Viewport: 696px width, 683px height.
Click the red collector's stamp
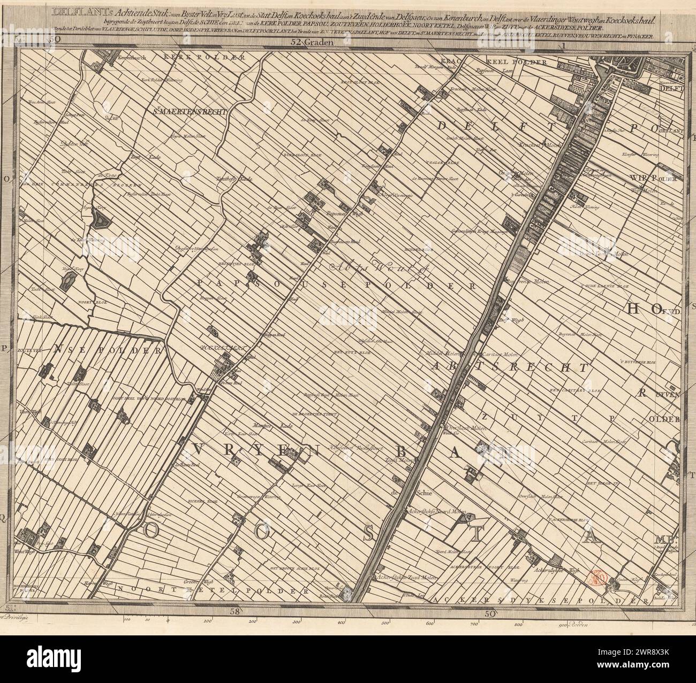596,577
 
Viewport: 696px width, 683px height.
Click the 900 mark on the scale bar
562,624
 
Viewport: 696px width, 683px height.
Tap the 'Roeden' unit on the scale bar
578,624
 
